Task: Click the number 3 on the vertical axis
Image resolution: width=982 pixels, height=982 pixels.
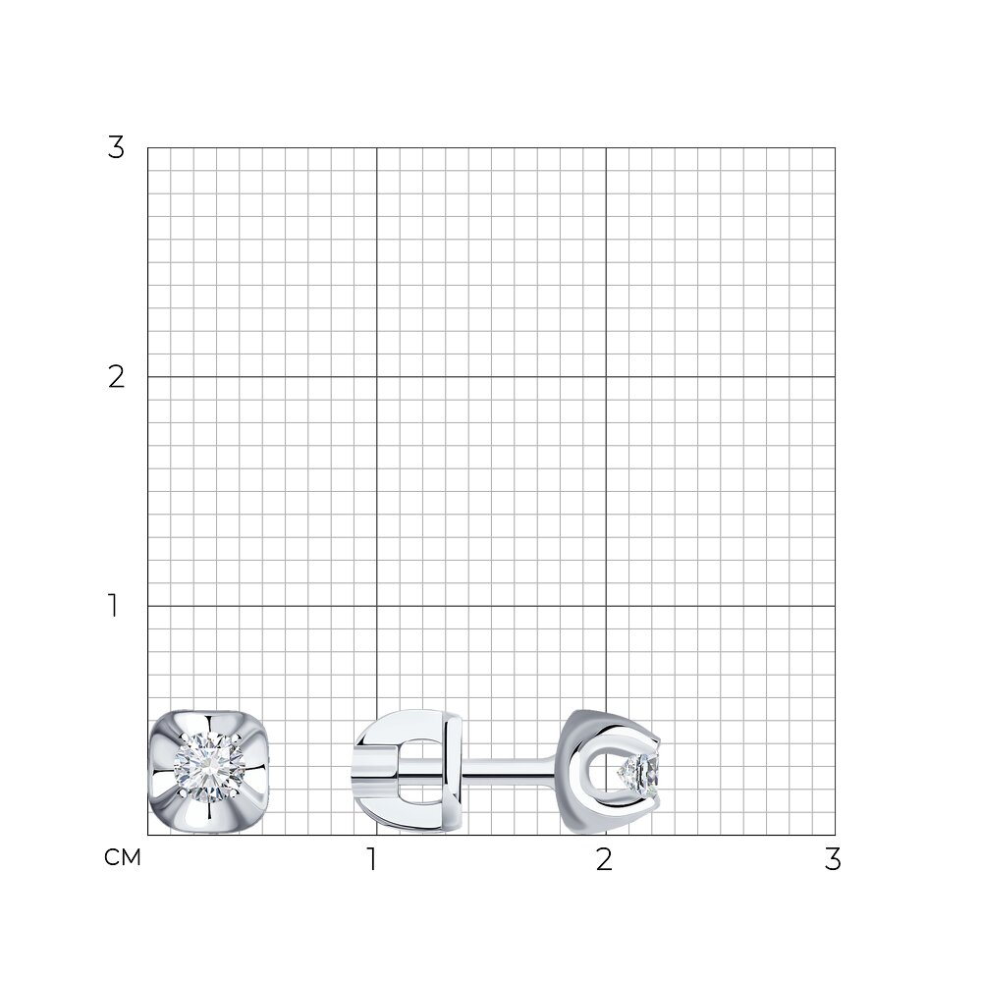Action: (116, 148)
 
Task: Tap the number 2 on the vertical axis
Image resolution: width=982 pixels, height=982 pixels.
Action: (116, 377)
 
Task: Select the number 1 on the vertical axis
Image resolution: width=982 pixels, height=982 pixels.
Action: (113, 606)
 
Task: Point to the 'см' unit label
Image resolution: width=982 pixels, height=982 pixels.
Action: (123, 857)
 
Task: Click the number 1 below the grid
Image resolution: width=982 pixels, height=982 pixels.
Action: (372, 859)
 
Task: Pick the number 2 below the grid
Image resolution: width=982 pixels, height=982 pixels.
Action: (604, 859)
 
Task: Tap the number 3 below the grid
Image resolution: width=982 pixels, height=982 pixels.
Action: (833, 859)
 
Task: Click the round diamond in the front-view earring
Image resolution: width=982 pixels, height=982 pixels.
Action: (208, 767)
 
